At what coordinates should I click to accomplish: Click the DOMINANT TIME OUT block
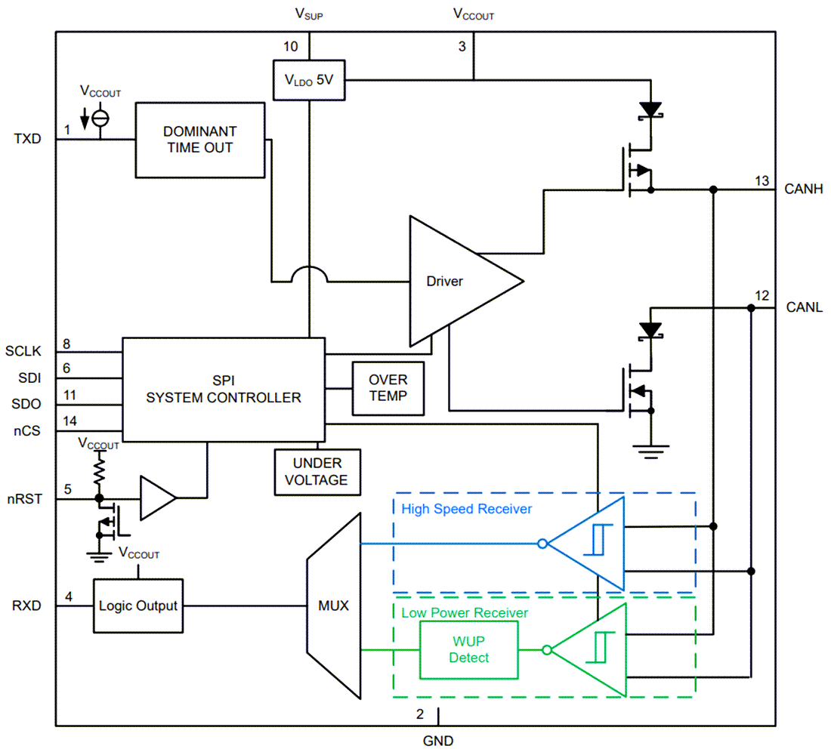point(199,140)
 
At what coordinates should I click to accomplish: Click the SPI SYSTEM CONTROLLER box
point(223,389)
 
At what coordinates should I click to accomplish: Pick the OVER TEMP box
point(388,387)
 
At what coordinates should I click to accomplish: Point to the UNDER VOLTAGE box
point(317,472)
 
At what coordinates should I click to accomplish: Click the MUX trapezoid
point(333,606)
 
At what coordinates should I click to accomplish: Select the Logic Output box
point(138,606)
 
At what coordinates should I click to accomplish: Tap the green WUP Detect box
point(469,649)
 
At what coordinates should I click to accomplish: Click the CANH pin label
point(803,189)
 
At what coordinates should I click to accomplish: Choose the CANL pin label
point(804,307)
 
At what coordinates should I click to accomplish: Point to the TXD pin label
point(26,140)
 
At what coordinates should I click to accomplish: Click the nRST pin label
point(27,498)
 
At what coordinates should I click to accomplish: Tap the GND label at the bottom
point(438,741)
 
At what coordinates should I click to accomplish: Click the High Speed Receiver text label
point(466,509)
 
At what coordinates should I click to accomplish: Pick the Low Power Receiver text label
point(464,613)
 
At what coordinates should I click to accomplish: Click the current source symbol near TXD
point(100,118)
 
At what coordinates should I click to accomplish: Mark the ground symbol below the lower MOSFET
point(650,453)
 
